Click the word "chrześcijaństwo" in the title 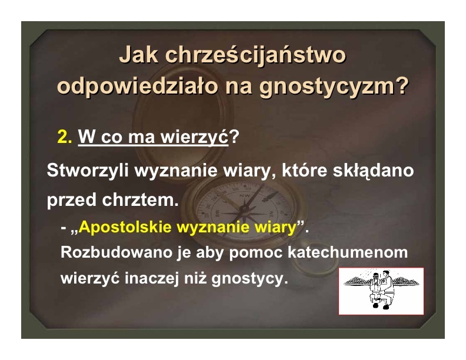[255, 55]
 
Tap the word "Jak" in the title [138, 55]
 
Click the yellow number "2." [65, 137]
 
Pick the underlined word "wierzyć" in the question [194, 136]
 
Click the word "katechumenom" [348, 252]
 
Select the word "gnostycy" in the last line [247, 279]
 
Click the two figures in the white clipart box [380, 290]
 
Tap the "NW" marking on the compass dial [245, 196]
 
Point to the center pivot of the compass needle [245, 209]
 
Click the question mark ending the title [402, 85]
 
